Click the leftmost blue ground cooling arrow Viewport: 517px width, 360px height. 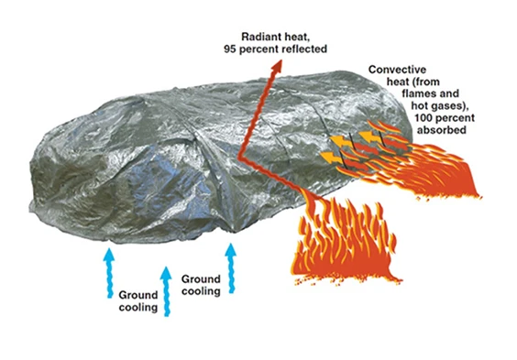(109, 265)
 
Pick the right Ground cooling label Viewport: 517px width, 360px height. (201, 285)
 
